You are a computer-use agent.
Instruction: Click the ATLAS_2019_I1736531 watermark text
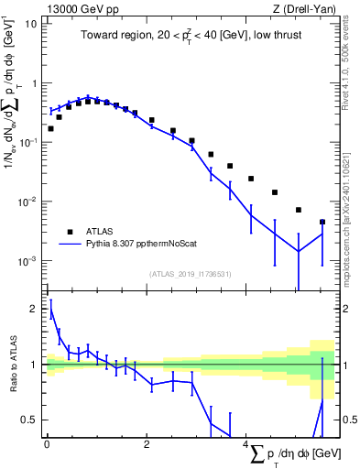(190, 273)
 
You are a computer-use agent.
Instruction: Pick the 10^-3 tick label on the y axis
(27, 261)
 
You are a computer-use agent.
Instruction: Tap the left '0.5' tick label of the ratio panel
(29, 420)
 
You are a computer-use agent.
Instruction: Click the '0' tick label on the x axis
(47, 444)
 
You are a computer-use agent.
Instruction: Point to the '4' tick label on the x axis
(245, 444)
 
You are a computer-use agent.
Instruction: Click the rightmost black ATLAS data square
(322, 222)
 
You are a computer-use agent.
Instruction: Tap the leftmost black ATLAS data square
(50, 128)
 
